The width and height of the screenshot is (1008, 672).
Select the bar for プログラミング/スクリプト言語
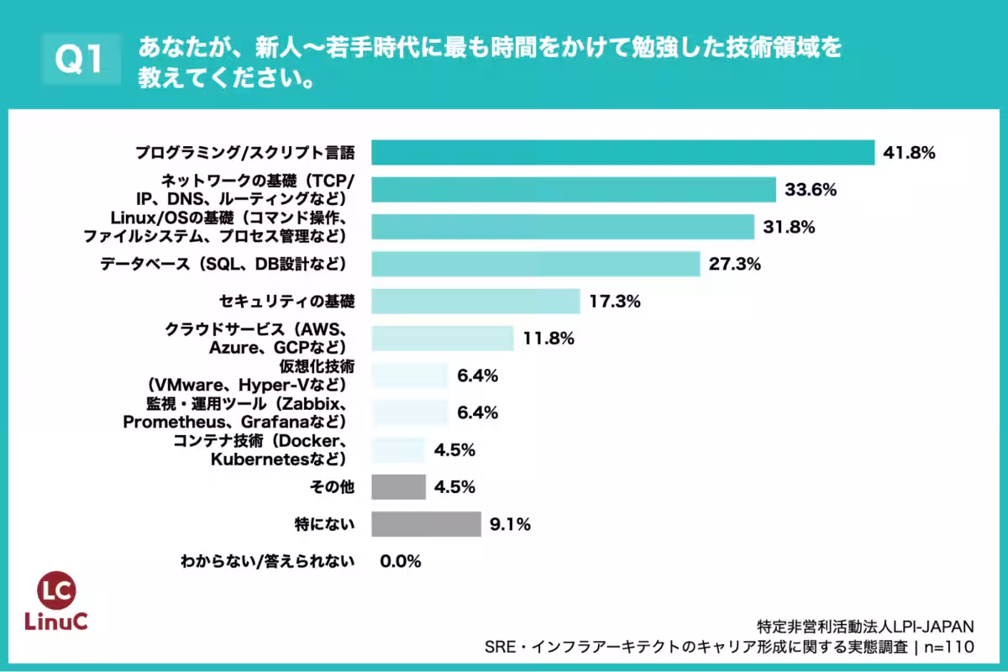pyautogui.click(x=622, y=152)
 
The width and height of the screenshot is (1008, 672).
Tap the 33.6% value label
pyautogui.click(x=811, y=190)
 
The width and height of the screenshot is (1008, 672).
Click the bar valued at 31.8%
pyautogui.click(x=563, y=227)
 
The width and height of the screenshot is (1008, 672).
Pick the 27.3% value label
pyautogui.click(x=734, y=264)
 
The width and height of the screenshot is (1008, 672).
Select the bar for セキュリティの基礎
pyautogui.click(x=475, y=301)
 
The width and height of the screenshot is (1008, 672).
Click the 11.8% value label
pyautogui.click(x=548, y=339)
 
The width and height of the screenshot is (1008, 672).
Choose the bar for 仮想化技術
pyautogui.click(x=410, y=375)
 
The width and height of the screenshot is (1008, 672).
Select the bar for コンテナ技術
pyautogui.click(x=398, y=449)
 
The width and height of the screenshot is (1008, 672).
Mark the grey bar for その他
pyautogui.click(x=398, y=487)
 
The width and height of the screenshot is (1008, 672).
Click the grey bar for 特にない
pyautogui.click(x=426, y=524)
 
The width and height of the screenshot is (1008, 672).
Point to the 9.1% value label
pyautogui.click(x=509, y=525)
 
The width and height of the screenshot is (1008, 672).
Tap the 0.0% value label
pyautogui.click(x=400, y=561)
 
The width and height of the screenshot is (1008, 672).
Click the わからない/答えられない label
pyautogui.click(x=267, y=561)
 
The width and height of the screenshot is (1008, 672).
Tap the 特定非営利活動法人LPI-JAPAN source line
pyautogui.click(x=865, y=626)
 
